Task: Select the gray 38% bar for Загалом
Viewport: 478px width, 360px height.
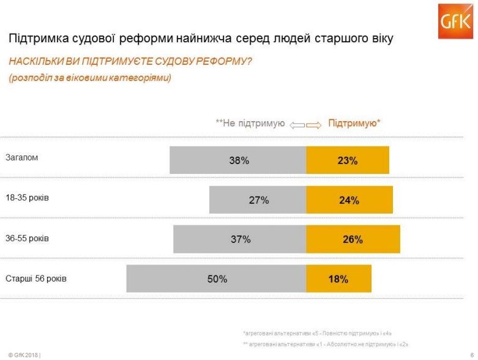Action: coord(238,160)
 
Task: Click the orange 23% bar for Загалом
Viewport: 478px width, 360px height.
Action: coord(347,160)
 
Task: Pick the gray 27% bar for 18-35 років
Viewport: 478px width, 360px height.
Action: coord(258,200)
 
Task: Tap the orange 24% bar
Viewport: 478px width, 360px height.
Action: coord(349,200)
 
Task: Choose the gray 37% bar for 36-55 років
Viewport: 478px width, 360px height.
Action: coord(239,239)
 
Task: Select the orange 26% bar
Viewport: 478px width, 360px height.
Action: coord(353,239)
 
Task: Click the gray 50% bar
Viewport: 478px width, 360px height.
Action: coord(216,279)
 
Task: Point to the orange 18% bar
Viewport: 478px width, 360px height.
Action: coord(338,279)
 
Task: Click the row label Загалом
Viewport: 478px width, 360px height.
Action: coord(22,157)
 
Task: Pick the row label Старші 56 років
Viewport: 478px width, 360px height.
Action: coord(36,279)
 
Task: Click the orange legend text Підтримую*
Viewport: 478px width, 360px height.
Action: coord(354,123)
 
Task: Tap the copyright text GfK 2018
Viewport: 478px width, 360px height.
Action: coord(23,354)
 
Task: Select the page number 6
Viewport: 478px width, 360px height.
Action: coord(472,354)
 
